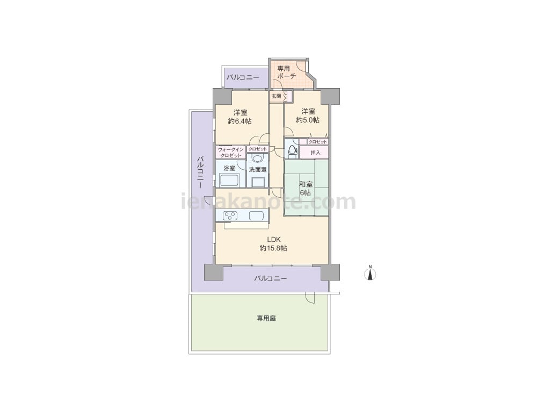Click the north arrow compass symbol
370,274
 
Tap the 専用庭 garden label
266,318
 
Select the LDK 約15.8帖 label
273,243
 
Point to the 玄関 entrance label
277,96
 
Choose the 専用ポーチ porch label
286,73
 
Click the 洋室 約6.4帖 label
240,117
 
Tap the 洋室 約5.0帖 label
308,116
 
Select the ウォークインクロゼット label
230,153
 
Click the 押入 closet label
315,153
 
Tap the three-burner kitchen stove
230,216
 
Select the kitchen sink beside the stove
257,216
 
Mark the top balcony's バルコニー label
243,77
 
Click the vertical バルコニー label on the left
200,172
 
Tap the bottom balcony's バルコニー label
270,278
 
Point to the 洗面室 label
258,170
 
